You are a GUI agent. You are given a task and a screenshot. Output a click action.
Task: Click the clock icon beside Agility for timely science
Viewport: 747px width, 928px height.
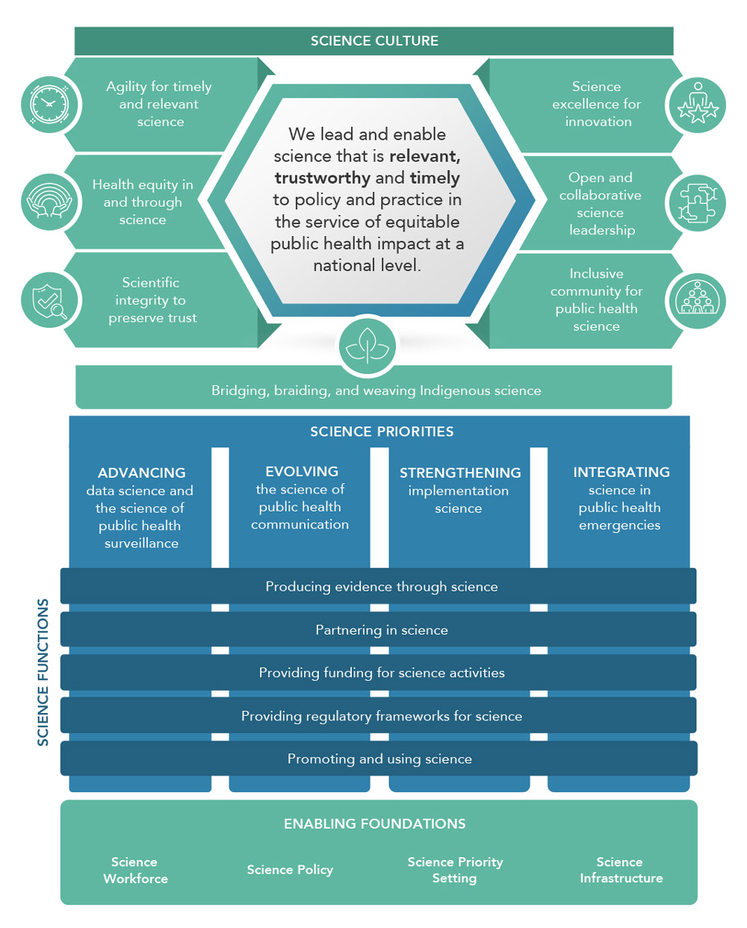(49, 105)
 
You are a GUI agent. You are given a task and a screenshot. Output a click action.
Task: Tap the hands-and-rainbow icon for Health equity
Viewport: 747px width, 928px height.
(49, 202)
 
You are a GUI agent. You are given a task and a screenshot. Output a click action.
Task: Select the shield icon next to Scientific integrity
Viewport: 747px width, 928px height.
(49, 300)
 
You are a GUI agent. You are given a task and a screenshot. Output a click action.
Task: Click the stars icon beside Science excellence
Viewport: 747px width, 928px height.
(697, 105)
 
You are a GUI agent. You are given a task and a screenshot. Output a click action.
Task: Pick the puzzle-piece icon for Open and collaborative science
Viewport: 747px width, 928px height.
(697, 202)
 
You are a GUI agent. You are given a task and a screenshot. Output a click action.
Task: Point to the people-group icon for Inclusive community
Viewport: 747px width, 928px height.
(697, 300)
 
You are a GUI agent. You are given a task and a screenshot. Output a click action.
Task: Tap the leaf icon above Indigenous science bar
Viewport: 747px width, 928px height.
(367, 346)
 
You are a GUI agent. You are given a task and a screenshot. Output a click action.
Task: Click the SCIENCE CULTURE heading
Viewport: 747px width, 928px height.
(374, 41)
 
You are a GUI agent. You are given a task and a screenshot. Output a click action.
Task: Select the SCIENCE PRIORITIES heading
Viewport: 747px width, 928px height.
(382, 432)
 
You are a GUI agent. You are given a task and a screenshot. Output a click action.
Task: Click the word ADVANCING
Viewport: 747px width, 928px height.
(141, 473)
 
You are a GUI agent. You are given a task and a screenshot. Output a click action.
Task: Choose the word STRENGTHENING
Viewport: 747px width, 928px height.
(460, 473)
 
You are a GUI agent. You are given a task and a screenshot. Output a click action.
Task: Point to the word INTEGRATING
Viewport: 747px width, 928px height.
(622, 472)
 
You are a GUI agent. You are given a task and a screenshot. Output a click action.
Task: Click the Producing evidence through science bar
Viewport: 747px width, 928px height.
(381, 587)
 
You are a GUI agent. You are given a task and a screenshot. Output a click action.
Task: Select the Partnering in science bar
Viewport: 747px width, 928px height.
(381, 630)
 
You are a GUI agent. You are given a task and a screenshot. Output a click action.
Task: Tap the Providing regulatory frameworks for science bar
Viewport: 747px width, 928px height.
(381, 716)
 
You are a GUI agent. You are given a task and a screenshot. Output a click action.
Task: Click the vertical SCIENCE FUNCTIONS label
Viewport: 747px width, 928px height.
(43, 672)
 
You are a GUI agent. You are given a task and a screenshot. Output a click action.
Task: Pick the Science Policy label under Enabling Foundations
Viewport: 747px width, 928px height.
(290, 870)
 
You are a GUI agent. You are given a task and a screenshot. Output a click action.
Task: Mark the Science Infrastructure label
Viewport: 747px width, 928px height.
(621, 870)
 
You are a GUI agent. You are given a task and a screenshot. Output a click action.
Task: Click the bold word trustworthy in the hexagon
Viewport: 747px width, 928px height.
(322, 178)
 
